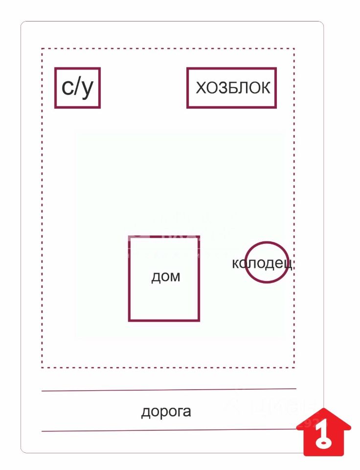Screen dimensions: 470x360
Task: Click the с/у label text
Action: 77,88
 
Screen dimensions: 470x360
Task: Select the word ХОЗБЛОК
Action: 233,88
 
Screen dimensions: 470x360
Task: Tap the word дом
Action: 165,277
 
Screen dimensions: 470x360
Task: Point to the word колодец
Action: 262,264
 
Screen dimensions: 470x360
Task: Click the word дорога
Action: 166,411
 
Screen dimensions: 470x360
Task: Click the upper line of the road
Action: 169,390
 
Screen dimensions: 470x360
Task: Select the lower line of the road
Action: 169,431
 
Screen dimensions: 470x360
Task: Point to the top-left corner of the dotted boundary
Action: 42,49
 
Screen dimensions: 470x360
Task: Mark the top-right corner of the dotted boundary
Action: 294,49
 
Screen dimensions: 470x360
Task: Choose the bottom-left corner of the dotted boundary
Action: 42,367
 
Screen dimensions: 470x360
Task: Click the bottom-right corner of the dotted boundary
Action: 294,367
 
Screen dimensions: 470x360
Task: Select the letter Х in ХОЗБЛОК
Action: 201,88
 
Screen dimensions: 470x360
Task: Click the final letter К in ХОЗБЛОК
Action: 265,88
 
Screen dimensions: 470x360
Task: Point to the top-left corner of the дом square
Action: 130,236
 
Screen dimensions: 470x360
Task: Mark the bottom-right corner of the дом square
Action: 199,320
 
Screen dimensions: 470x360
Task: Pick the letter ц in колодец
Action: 289,264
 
